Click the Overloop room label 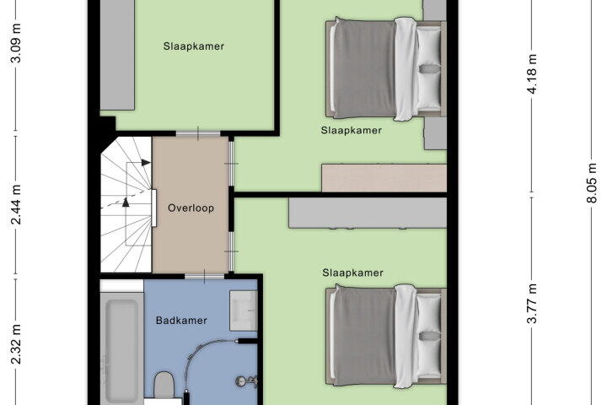click(191, 208)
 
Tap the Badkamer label click(181, 321)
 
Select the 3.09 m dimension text click(16, 43)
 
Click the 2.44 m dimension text click(16, 205)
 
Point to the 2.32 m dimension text click(16, 344)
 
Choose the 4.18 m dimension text click(532, 73)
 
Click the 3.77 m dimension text click(532, 304)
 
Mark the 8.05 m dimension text click(592, 183)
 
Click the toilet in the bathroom click(164, 385)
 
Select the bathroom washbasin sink click(244, 310)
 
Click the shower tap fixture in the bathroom click(246, 381)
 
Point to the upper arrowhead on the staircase click(146, 163)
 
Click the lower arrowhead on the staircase click(126, 202)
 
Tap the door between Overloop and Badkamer click(204, 276)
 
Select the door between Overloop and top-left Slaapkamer click(198, 133)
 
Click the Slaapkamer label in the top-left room click(194, 46)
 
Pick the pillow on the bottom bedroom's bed click(429, 335)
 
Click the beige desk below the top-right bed click(384, 178)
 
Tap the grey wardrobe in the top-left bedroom click(117, 55)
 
